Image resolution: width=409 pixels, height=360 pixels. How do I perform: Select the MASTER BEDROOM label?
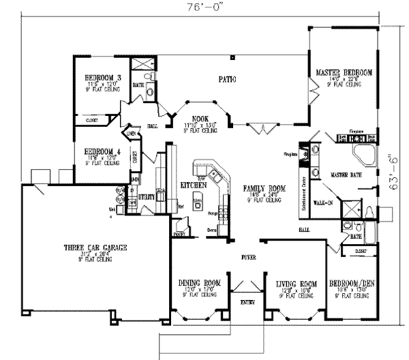point(344,72)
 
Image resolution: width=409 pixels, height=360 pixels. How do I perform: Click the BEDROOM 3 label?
point(99,78)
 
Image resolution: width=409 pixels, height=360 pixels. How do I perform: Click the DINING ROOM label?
point(199,283)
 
